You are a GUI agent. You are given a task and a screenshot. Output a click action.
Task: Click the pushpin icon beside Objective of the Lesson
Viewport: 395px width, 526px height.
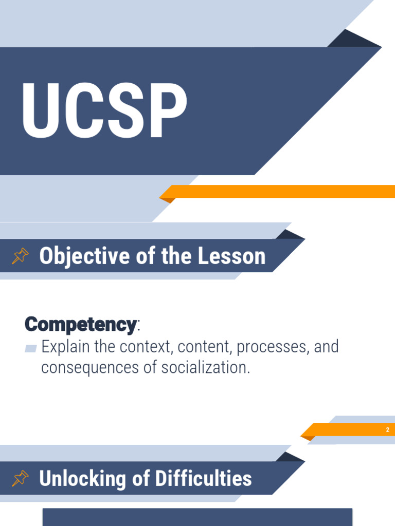click(20, 256)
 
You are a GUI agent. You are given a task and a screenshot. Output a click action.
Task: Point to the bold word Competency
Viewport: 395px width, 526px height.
click(80, 324)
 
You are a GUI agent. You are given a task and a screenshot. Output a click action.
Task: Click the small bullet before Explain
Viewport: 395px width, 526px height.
click(31, 348)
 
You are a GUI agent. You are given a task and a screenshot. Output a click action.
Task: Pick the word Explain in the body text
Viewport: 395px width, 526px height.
click(63, 347)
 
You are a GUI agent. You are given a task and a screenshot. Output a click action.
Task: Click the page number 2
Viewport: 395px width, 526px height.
click(388, 430)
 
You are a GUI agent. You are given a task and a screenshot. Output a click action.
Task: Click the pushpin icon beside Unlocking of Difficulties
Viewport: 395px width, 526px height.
click(20, 478)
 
